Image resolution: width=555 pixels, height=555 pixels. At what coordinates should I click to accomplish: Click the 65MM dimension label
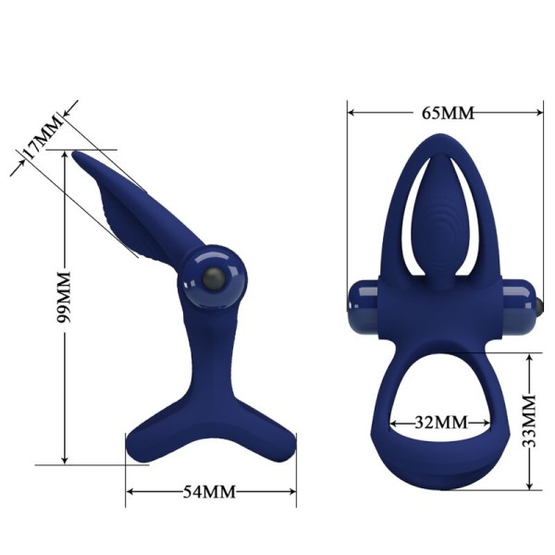[x=447, y=113]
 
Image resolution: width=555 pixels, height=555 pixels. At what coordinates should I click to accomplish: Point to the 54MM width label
[x=212, y=491]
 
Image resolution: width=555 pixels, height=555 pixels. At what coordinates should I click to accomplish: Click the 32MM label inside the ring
[x=438, y=424]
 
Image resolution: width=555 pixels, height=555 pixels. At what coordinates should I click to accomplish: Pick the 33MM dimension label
[x=529, y=421]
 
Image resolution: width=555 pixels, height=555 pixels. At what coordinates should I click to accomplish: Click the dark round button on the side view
[x=213, y=277]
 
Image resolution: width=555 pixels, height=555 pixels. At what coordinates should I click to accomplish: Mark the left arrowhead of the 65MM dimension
[x=351, y=113]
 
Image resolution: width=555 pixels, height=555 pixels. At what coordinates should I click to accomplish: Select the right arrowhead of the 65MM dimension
[x=540, y=113]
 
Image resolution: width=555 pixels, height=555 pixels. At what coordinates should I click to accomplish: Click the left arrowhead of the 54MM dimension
[x=129, y=491]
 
